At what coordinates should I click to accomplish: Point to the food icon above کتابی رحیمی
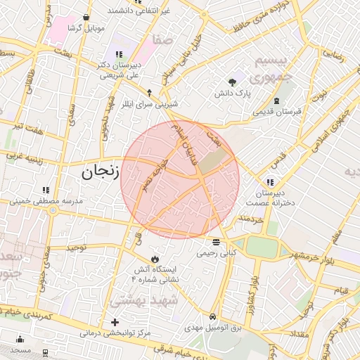tap(214, 241)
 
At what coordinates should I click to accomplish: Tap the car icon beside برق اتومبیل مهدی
tap(213, 316)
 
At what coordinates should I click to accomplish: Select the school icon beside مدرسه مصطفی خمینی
tap(46, 190)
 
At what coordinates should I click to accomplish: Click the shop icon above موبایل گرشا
tap(86, 17)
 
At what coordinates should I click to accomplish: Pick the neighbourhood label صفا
tap(165, 41)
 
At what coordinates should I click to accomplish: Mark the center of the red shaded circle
tap(180, 179)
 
